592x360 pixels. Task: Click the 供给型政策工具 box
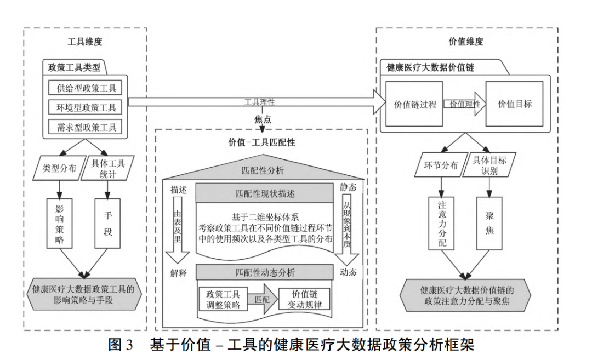pyautogui.click(x=86, y=88)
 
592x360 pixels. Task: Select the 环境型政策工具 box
pyautogui.click(x=86, y=107)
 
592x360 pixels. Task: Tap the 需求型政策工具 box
pyautogui.click(x=86, y=127)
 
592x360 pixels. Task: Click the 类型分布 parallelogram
pyautogui.click(x=59, y=169)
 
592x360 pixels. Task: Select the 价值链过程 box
pyautogui.click(x=415, y=104)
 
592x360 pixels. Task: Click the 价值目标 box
pyautogui.click(x=514, y=104)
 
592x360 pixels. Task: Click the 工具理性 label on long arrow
pyautogui.click(x=259, y=102)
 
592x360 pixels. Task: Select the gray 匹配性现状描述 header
pyautogui.click(x=264, y=193)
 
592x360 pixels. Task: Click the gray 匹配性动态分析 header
pyautogui.click(x=264, y=272)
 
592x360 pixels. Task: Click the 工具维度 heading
pyautogui.click(x=85, y=42)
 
